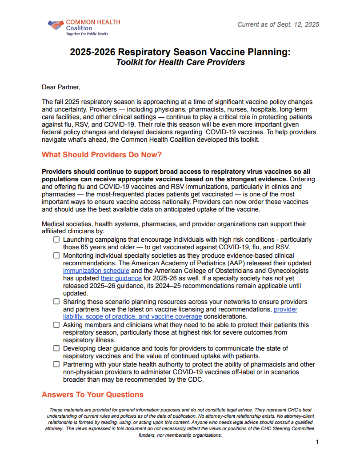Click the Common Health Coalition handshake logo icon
pos(56,25)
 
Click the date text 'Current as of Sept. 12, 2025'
pos(278,24)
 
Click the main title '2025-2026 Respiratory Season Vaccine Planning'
pos(180,52)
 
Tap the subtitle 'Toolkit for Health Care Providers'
pos(180,62)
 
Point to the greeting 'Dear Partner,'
pos(61,87)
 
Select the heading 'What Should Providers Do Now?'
pos(102,155)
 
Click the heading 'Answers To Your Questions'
pos(92,395)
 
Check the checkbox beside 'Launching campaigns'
pos(56,240)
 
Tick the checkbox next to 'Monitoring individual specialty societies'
pos(56,256)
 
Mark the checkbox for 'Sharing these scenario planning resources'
pos(56,302)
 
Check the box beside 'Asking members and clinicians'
pos(56,325)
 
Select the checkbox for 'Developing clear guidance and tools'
pos(56,348)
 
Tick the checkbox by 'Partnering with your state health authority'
pos(56,364)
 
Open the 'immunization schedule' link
pos(96,271)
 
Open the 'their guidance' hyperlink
pos(121,278)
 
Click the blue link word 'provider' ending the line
pos(285,309)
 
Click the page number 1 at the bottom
pos(317,442)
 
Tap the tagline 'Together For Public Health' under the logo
pos(87,34)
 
